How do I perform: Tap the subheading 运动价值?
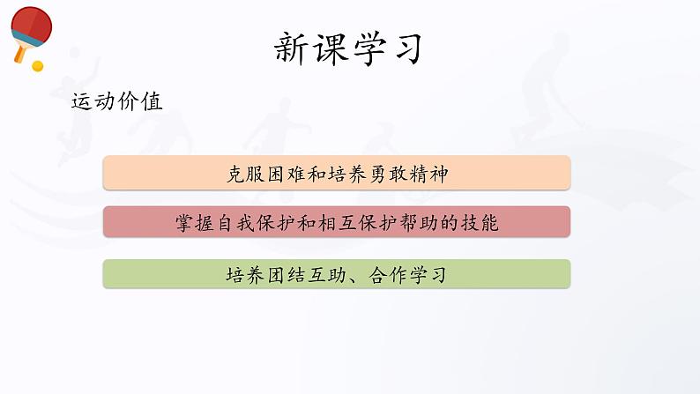click(x=116, y=102)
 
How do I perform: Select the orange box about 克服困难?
click(x=337, y=173)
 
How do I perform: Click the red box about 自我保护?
click(x=337, y=222)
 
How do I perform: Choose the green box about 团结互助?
click(x=337, y=274)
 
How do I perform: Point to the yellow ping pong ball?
click(x=37, y=65)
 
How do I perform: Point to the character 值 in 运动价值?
click(x=151, y=102)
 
